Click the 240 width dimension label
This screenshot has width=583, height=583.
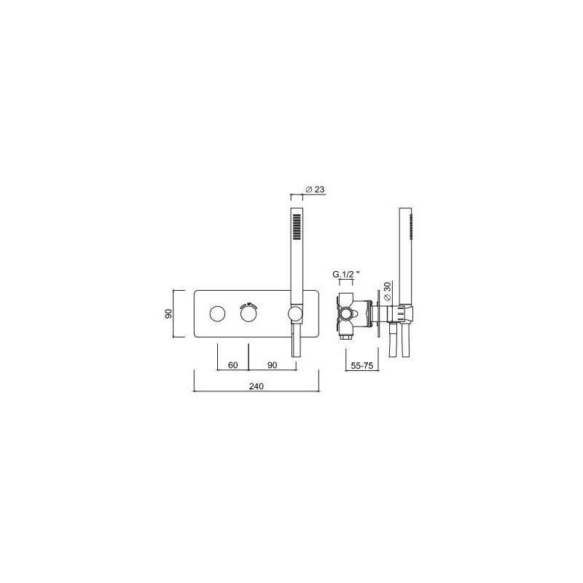[x=257, y=386]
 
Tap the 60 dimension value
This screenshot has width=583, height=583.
[x=232, y=365]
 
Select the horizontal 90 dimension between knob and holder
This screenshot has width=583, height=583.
[x=273, y=365]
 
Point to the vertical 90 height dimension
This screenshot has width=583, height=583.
[x=168, y=313]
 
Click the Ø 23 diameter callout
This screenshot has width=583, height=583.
[x=315, y=189]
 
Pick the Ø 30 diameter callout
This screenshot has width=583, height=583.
[x=387, y=291]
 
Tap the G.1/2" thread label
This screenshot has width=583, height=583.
[x=346, y=275]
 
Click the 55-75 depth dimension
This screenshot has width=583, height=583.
[x=362, y=366]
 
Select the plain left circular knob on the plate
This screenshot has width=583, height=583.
[x=217, y=314]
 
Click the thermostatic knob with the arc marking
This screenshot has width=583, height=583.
[x=249, y=314]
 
